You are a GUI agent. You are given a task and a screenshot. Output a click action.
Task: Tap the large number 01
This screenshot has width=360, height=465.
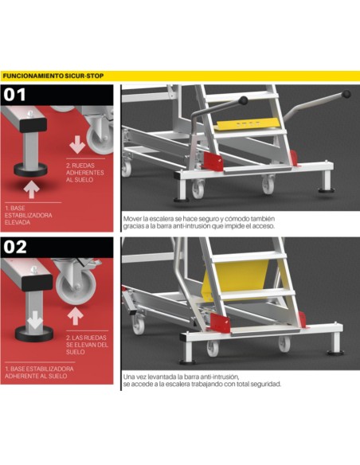[x=16, y=96]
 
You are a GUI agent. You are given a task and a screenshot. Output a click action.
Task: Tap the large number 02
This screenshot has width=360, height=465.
[x=17, y=247]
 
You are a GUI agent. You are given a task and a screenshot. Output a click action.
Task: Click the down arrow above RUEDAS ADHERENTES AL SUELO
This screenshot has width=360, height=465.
[x=77, y=145]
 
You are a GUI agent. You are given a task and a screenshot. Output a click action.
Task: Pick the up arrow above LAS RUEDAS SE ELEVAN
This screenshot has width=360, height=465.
[x=76, y=316]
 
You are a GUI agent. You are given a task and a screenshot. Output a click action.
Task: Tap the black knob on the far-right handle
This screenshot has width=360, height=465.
[x=346, y=95]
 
